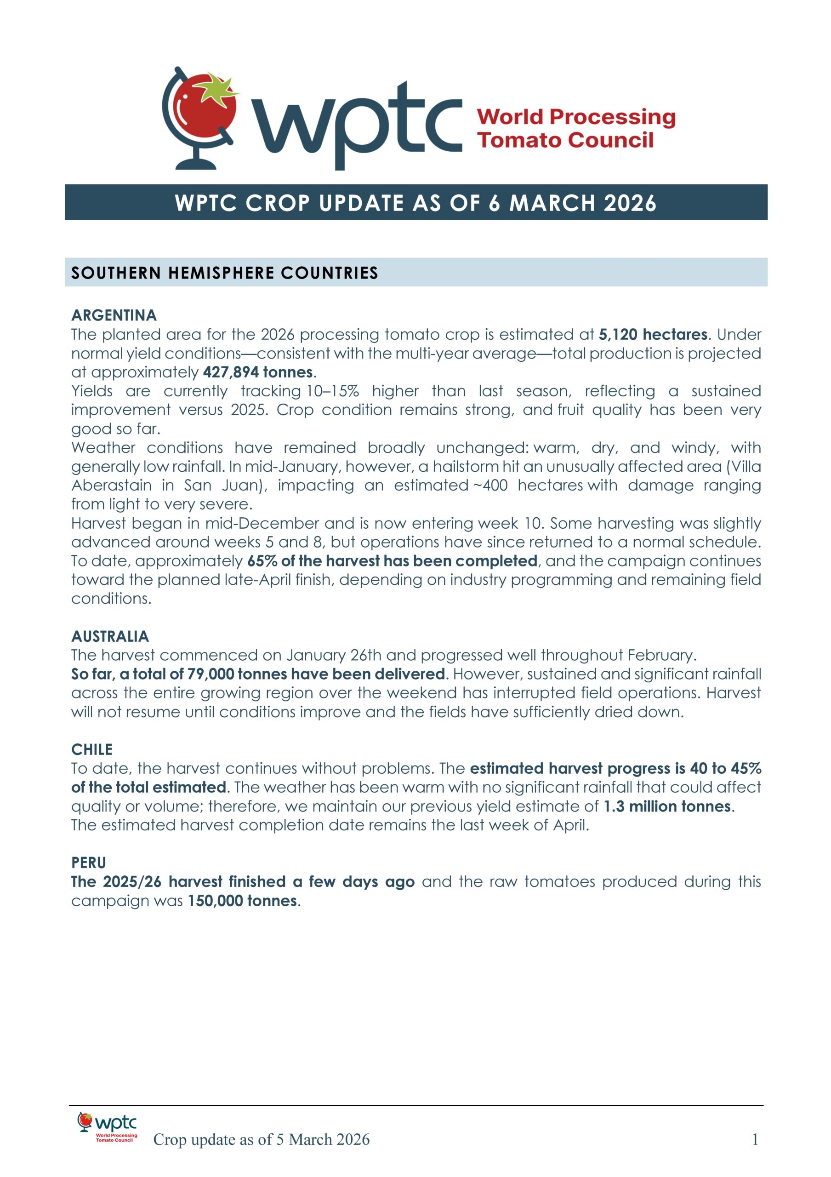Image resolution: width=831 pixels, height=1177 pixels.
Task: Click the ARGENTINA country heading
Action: coord(114,315)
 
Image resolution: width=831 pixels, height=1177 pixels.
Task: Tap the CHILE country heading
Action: coord(92,749)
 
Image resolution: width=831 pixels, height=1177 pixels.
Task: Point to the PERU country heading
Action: coord(89,863)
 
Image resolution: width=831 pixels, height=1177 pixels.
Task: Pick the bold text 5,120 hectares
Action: coord(653,334)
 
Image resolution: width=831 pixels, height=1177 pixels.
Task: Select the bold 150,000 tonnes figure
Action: coord(242,901)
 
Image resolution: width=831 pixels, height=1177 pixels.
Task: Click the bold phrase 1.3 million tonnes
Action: coord(667,806)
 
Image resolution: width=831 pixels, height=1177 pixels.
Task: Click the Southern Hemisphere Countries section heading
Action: coord(224,273)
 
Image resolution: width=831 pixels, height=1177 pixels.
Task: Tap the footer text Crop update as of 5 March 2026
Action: coord(261,1140)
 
